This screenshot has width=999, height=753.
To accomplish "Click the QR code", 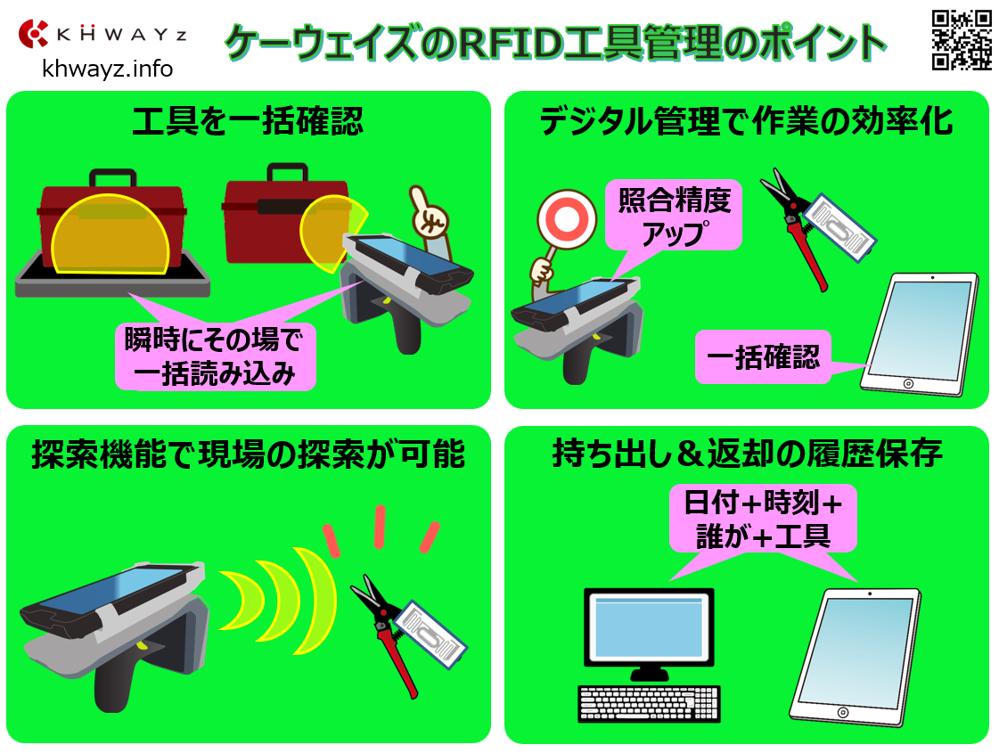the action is tap(962, 39).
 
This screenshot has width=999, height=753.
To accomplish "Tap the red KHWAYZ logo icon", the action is tap(33, 34).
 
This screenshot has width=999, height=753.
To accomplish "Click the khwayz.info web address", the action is tap(107, 68).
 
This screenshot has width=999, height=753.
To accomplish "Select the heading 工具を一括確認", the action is tap(248, 121).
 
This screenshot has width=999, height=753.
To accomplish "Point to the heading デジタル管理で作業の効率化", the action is tap(746, 121).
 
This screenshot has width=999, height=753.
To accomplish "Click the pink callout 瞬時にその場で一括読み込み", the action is tap(216, 356).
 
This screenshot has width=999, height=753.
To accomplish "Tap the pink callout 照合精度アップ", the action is tap(674, 216).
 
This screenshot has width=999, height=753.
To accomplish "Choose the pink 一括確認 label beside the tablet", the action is tap(763, 356).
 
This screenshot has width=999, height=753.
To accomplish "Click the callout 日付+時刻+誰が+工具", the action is tap(763, 519).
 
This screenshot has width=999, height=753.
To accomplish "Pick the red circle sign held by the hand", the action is tap(567, 220).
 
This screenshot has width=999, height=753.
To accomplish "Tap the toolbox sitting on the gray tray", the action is tap(111, 220).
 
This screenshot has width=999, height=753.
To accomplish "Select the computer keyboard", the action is tap(649, 704).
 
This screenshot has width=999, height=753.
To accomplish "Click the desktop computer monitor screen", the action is tap(649, 627).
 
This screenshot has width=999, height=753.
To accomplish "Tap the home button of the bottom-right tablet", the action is tap(843, 712).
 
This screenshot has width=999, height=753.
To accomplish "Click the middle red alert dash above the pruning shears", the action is tap(380, 526).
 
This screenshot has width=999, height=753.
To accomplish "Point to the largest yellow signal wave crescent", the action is tap(316, 601).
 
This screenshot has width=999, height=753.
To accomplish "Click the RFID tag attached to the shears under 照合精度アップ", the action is tap(840, 226).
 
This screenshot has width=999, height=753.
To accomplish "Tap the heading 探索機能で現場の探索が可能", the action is tap(248, 454).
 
